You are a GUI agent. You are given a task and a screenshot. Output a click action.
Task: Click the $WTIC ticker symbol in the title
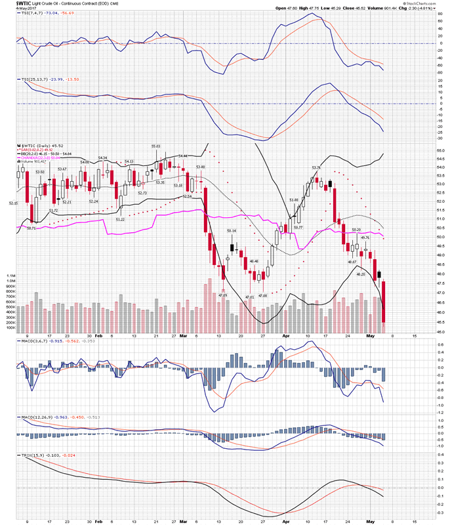tap(10, 3)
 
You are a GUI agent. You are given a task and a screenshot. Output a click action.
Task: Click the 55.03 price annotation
tap(156, 146)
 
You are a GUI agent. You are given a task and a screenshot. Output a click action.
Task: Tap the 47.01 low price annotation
tap(249, 297)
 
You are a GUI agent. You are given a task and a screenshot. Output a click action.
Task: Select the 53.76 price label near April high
tap(316, 168)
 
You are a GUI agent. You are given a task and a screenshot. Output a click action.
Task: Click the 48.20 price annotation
tap(360, 274)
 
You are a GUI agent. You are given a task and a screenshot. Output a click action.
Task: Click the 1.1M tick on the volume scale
tap(9, 275)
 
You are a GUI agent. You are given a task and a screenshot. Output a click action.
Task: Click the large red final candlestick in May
tap(383, 302)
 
